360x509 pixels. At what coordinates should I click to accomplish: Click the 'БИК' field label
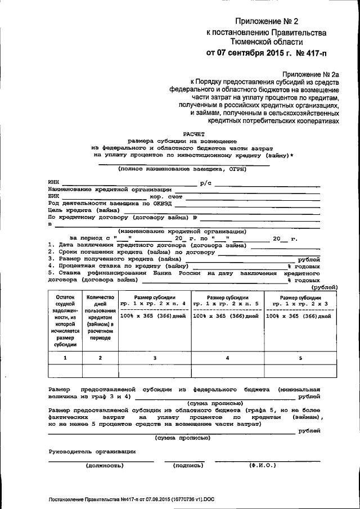[54, 197]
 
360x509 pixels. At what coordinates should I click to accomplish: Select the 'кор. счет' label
[166, 197]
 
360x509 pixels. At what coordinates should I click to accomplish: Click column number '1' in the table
[65, 358]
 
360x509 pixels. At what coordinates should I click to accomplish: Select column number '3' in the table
[155, 358]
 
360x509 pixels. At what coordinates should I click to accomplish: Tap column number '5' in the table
[300, 358]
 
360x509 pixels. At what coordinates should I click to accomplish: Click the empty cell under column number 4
[227, 371]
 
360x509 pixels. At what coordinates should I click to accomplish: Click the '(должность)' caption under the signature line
[103, 465]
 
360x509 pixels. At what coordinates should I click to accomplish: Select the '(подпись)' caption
[184, 465]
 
